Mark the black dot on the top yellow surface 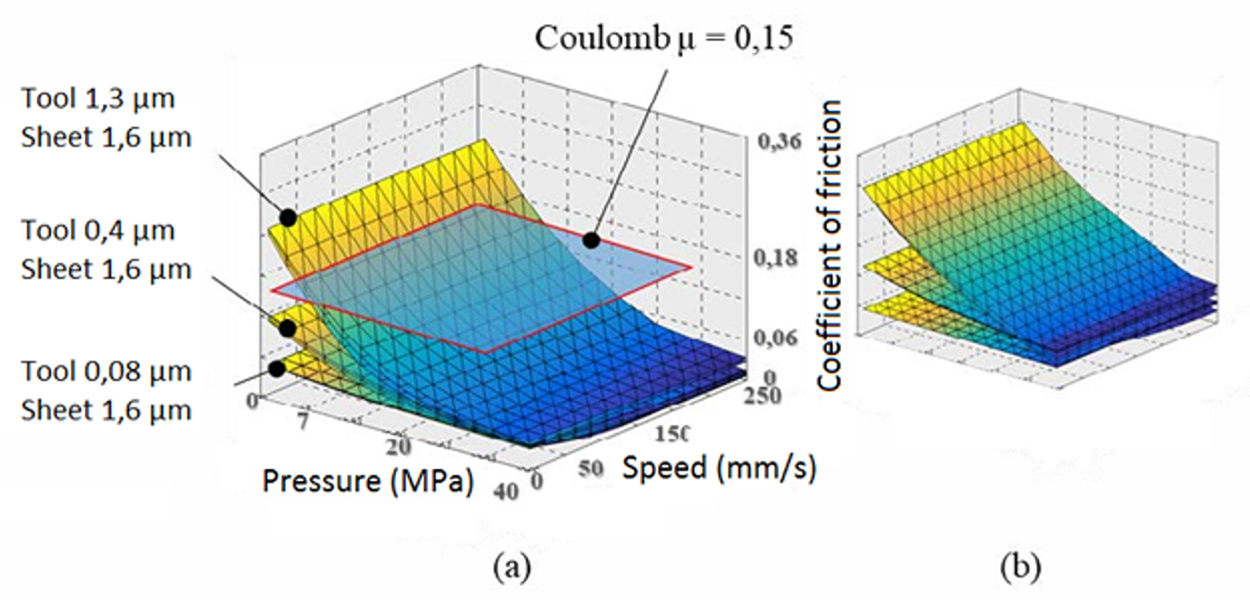click(x=288, y=217)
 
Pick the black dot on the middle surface click(x=287, y=327)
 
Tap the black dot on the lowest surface click(x=277, y=367)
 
